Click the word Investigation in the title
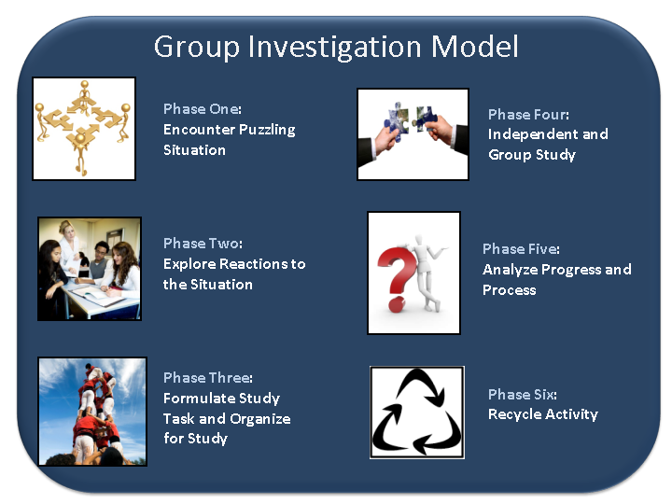(335, 48)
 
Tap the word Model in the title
(474, 46)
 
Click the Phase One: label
(203, 109)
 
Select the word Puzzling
(267, 130)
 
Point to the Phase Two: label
(203, 244)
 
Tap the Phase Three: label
(208, 378)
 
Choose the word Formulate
(199, 399)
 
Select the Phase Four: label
(528, 115)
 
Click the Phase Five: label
(521, 249)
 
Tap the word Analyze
(510, 270)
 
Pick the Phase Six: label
(523, 394)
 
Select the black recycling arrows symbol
(416, 413)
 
